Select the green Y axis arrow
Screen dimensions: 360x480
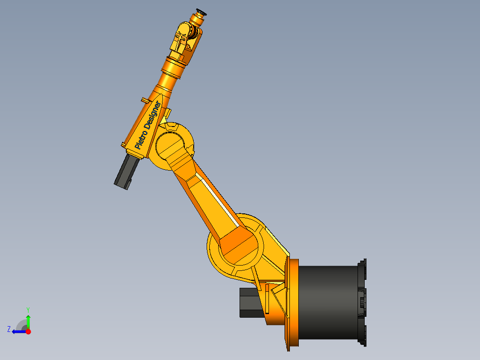click(28, 322)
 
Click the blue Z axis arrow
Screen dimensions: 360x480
click(18, 331)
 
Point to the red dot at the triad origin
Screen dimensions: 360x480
click(28, 331)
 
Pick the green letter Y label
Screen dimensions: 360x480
click(28, 309)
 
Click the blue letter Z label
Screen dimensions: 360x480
click(9, 329)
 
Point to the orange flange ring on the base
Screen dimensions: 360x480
click(293, 303)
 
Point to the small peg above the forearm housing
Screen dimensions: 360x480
click(143, 100)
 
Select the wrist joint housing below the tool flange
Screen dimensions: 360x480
click(184, 40)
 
